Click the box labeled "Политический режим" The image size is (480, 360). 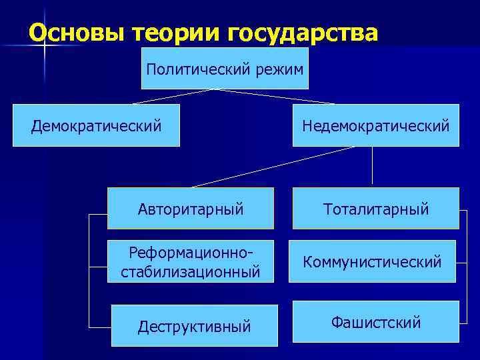pyautogui.click(x=225, y=68)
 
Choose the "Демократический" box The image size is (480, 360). pyautogui.click(x=97, y=125)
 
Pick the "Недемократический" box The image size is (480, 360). pyautogui.click(x=375, y=125)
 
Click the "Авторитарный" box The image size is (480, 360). pyautogui.click(x=191, y=209)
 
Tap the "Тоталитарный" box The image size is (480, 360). pyautogui.click(x=375, y=209)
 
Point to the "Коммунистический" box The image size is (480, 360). pyautogui.click(x=372, y=261)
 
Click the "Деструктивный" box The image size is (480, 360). pyautogui.click(x=194, y=326)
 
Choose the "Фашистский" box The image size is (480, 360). pyautogui.click(x=375, y=322)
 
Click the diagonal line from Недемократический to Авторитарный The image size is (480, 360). pyautogui.click(x=273, y=167)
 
